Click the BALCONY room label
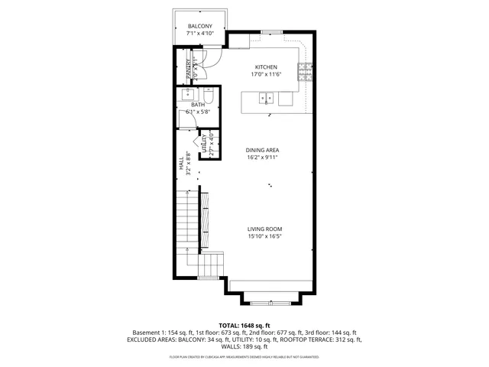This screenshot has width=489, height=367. [x=200, y=27]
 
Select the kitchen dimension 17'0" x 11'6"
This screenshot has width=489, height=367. [x=266, y=75]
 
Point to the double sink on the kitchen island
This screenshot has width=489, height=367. [x=267, y=98]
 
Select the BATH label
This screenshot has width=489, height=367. [x=198, y=105]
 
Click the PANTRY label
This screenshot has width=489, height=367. [x=188, y=68]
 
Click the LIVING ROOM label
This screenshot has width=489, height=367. [x=265, y=229]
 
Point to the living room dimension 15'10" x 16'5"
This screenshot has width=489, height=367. [x=265, y=237]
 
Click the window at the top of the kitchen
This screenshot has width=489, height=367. [x=271, y=31]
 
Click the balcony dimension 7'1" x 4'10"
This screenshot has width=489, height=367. [x=200, y=34]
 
